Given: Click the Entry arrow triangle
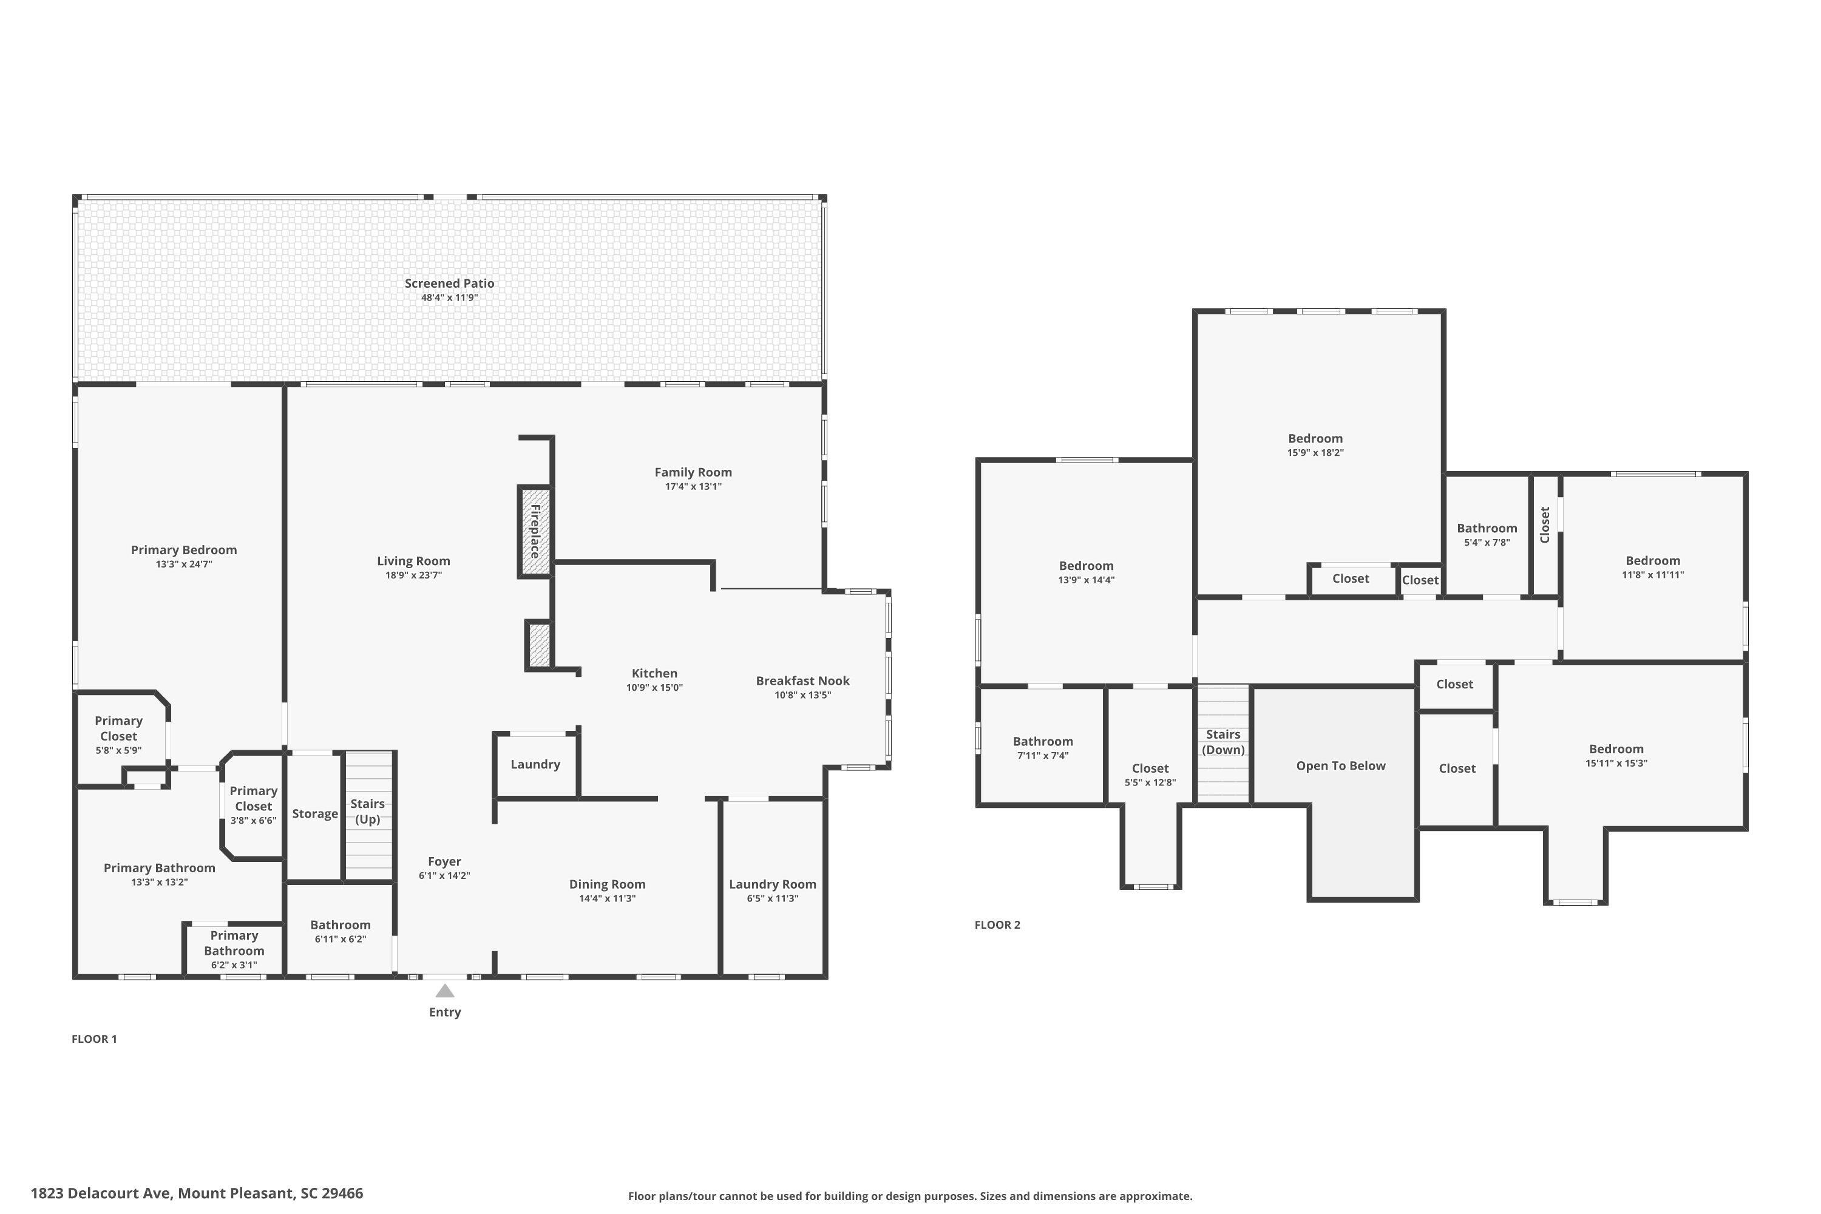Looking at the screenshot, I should (x=444, y=991).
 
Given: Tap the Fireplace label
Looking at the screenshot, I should (x=535, y=531).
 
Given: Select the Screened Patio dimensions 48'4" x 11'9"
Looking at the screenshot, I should (x=449, y=298).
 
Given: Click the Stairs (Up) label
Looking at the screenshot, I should (x=367, y=812).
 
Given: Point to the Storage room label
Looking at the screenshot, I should (x=314, y=814).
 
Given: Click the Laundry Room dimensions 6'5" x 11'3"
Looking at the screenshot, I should (x=772, y=899).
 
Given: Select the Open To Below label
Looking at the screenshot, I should (x=1340, y=765).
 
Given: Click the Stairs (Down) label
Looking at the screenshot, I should (x=1222, y=742).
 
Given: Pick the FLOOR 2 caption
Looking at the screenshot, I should (x=997, y=924).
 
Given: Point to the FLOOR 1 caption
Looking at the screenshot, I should (x=93, y=1039).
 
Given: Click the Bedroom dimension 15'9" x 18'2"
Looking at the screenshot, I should (x=1315, y=453).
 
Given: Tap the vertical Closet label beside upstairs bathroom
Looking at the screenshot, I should (x=1545, y=525).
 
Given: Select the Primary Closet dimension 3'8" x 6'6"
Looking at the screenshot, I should (x=253, y=821).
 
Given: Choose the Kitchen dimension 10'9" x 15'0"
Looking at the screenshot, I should (x=654, y=688).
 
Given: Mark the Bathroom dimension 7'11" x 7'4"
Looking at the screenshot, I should (x=1042, y=756).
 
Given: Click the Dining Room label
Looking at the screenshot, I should (x=607, y=884).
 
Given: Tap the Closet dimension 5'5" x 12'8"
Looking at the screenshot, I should (x=1150, y=783).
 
